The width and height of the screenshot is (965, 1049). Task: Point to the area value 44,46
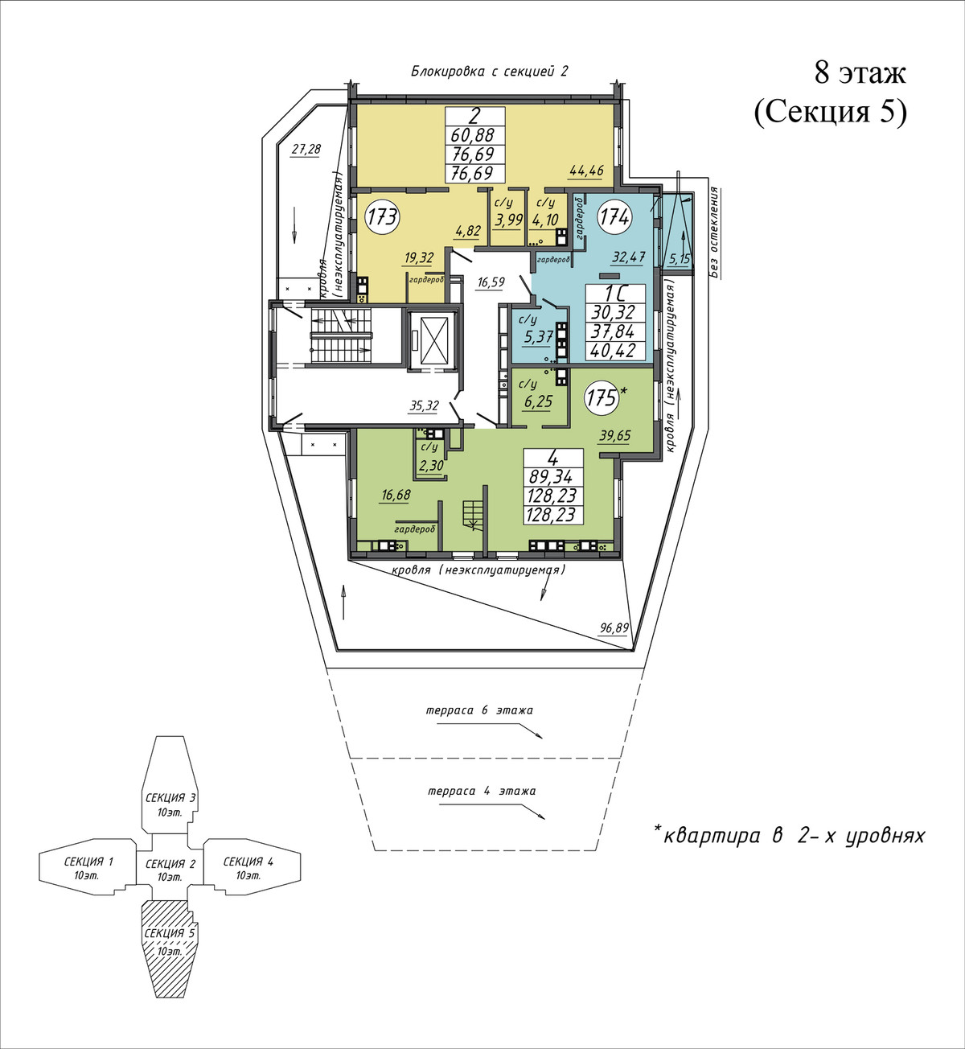587,171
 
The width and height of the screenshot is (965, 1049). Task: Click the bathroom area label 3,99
509,220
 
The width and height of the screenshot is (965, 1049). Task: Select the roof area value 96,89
614,628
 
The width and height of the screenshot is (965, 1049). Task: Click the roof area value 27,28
306,149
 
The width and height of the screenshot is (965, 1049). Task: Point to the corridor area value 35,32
425,405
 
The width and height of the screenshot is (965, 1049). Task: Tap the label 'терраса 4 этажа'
482,791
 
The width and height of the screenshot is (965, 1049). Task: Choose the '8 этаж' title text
860,74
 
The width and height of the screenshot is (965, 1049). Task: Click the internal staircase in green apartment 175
472,515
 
